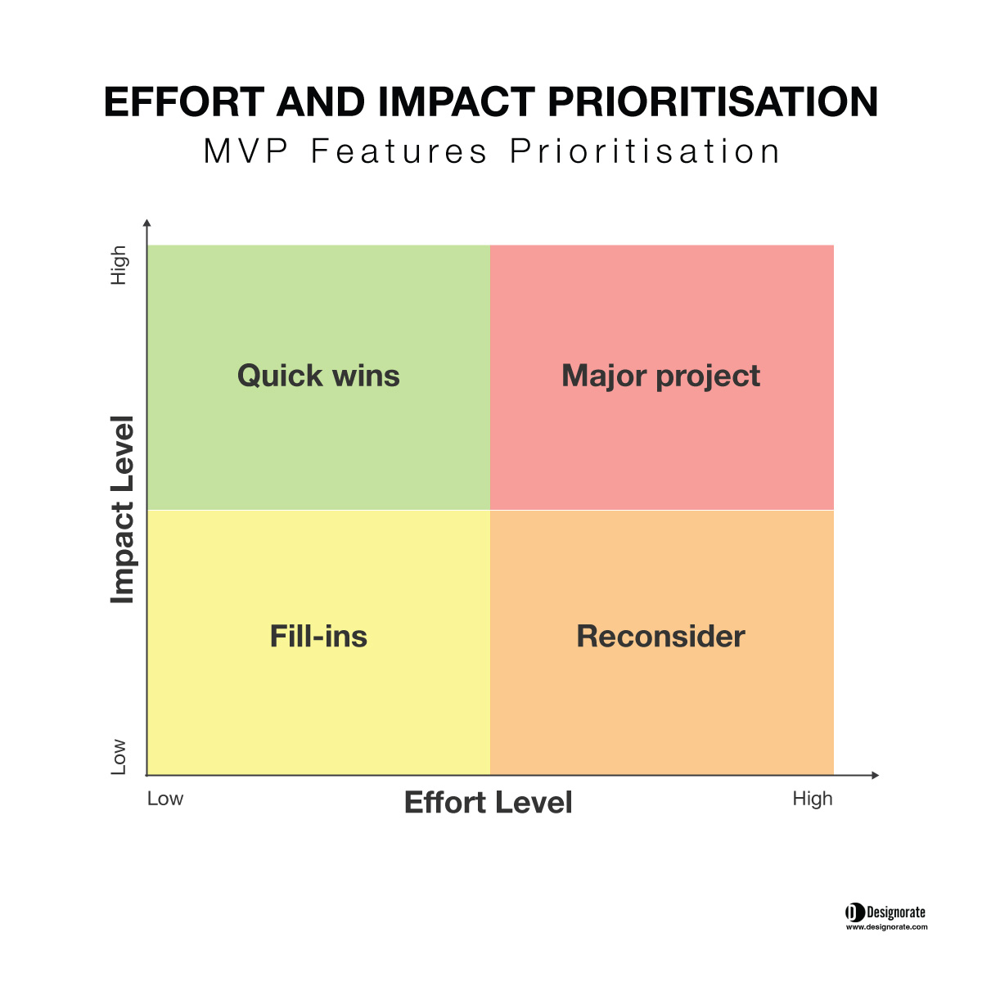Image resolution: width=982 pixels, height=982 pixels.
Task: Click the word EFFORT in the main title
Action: (x=184, y=102)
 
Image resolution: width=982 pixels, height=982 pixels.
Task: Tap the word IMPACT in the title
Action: (x=457, y=102)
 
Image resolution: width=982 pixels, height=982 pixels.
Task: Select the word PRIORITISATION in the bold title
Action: (x=713, y=102)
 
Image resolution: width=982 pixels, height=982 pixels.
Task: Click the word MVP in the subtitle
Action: (x=245, y=151)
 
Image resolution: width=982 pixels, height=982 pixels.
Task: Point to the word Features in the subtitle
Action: (x=399, y=151)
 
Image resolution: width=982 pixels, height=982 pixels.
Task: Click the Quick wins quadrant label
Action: (x=318, y=376)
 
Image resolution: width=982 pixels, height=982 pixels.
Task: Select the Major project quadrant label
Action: (x=661, y=377)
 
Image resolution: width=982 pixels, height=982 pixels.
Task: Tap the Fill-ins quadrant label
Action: (x=318, y=637)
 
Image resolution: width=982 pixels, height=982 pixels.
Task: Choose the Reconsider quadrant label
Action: (x=661, y=637)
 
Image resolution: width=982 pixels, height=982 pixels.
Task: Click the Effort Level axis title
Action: (x=489, y=802)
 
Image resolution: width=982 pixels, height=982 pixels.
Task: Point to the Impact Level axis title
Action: (x=123, y=510)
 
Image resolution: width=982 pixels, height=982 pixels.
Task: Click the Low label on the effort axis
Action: (x=165, y=799)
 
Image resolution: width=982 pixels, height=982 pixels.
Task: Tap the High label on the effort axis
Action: (x=813, y=800)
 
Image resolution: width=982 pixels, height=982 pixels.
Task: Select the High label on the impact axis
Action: (x=119, y=265)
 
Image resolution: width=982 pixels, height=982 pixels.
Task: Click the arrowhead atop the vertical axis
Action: (x=147, y=223)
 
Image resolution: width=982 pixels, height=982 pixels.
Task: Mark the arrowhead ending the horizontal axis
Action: (x=876, y=775)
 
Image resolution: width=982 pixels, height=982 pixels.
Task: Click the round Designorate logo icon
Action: (x=855, y=912)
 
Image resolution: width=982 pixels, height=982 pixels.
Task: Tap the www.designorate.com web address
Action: (x=887, y=927)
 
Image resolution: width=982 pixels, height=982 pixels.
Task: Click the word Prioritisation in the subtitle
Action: (x=645, y=151)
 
